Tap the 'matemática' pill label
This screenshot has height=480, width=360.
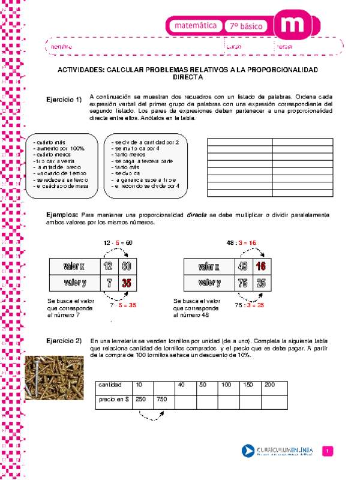coord(196,26)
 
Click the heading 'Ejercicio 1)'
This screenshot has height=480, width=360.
coord(64,100)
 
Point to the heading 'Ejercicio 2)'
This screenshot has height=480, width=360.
coord(64,341)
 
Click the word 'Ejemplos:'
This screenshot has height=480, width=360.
coord(62,214)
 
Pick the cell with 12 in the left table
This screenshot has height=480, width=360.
coord(107,266)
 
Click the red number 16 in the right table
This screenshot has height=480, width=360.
coord(260,266)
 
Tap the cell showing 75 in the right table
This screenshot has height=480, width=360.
coord(242,282)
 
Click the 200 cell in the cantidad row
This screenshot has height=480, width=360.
coord(269,384)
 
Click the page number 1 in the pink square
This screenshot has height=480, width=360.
coord(328,451)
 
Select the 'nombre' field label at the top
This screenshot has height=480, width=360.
coord(61,46)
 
